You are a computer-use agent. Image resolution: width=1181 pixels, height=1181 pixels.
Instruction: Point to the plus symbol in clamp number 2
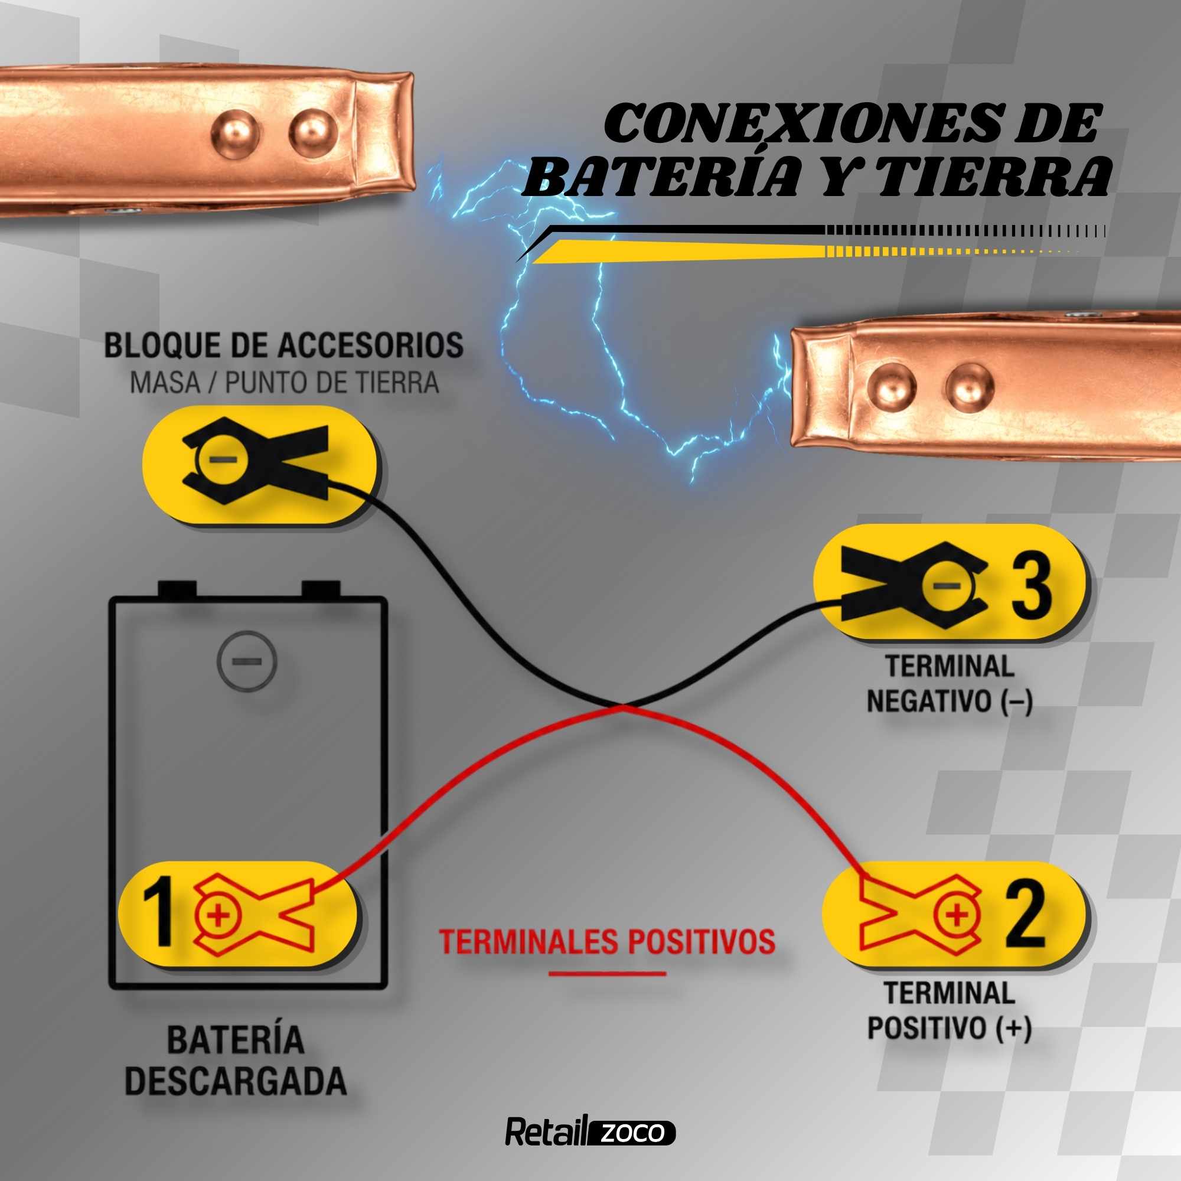tap(957, 915)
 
